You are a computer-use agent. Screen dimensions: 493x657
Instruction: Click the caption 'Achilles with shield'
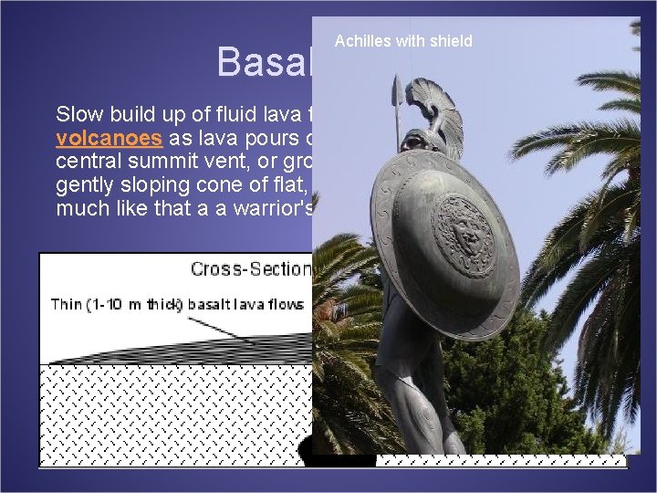[x=403, y=41]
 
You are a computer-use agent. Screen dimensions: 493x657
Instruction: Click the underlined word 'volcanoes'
[x=109, y=140]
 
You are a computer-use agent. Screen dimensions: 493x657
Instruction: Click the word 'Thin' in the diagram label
[x=68, y=304]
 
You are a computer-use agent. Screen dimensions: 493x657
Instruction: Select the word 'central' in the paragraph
[x=89, y=163]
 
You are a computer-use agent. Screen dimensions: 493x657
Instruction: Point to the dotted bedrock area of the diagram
[x=173, y=411]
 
